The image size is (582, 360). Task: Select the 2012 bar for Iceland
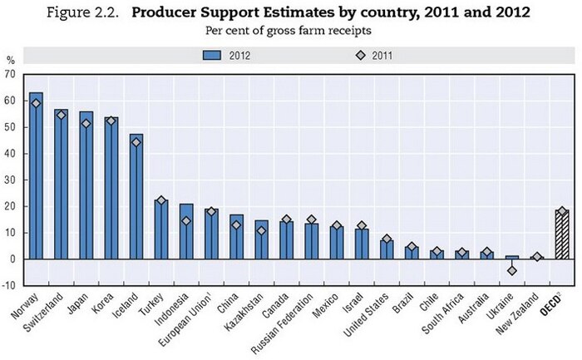136,200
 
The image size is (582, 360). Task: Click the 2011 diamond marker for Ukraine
511,270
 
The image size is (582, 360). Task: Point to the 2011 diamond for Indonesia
186,221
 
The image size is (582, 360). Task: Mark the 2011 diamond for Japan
86,124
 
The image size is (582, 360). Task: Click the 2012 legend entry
226,57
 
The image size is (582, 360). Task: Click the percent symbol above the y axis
11,60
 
